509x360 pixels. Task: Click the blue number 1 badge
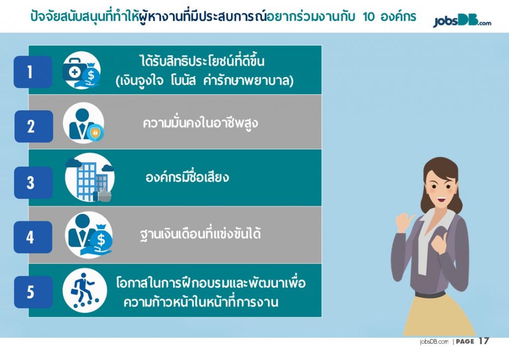[33, 72]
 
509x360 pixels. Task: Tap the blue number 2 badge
[33, 126]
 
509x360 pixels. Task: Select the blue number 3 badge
[33, 182]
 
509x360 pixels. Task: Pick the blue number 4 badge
[33, 237]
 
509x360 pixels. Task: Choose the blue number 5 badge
[33, 292]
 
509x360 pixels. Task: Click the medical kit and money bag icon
[82, 71]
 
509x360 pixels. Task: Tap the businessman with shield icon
[84, 123]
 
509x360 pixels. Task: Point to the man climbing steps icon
[85, 290]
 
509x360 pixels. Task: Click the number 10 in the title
[369, 16]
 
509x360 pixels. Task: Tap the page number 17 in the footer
[484, 341]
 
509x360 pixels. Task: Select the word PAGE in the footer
[465, 341]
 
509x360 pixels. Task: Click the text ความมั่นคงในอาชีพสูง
[200, 123]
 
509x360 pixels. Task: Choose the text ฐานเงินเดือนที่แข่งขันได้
[200, 233]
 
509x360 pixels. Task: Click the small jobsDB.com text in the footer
[434, 342]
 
